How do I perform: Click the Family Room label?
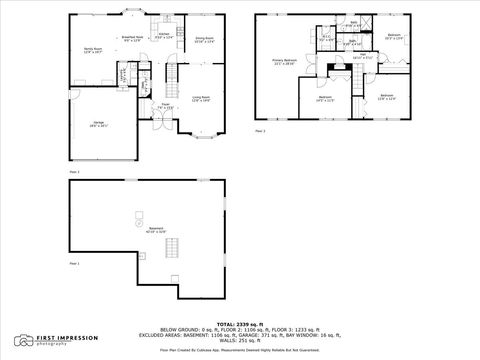click(x=94, y=50)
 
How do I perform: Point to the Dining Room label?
click(x=204, y=40)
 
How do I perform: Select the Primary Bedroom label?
click(x=285, y=61)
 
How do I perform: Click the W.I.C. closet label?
click(x=326, y=39)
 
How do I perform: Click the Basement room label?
click(x=155, y=231)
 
